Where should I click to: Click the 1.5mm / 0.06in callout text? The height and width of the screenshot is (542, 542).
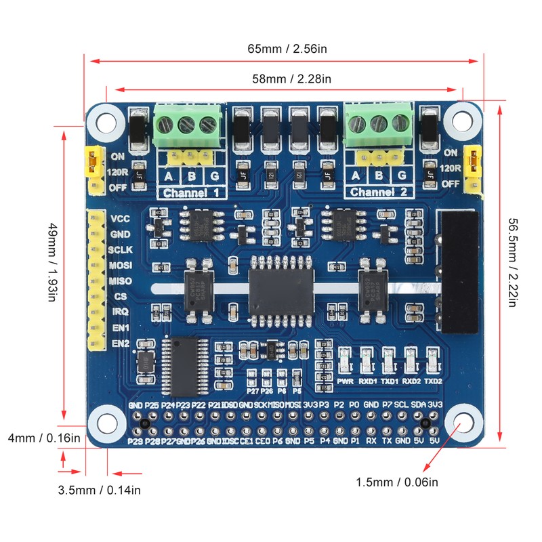tap(397, 482)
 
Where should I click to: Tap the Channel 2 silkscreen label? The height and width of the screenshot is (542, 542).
tap(379, 192)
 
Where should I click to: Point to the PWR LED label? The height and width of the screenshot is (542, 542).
tap(345, 381)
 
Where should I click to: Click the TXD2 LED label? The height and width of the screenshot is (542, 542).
tap(432, 381)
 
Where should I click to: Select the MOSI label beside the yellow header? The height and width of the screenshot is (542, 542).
tap(120, 265)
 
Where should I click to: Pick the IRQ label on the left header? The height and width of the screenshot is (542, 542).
tap(120, 312)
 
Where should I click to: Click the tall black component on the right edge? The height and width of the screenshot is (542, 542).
tap(459, 275)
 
